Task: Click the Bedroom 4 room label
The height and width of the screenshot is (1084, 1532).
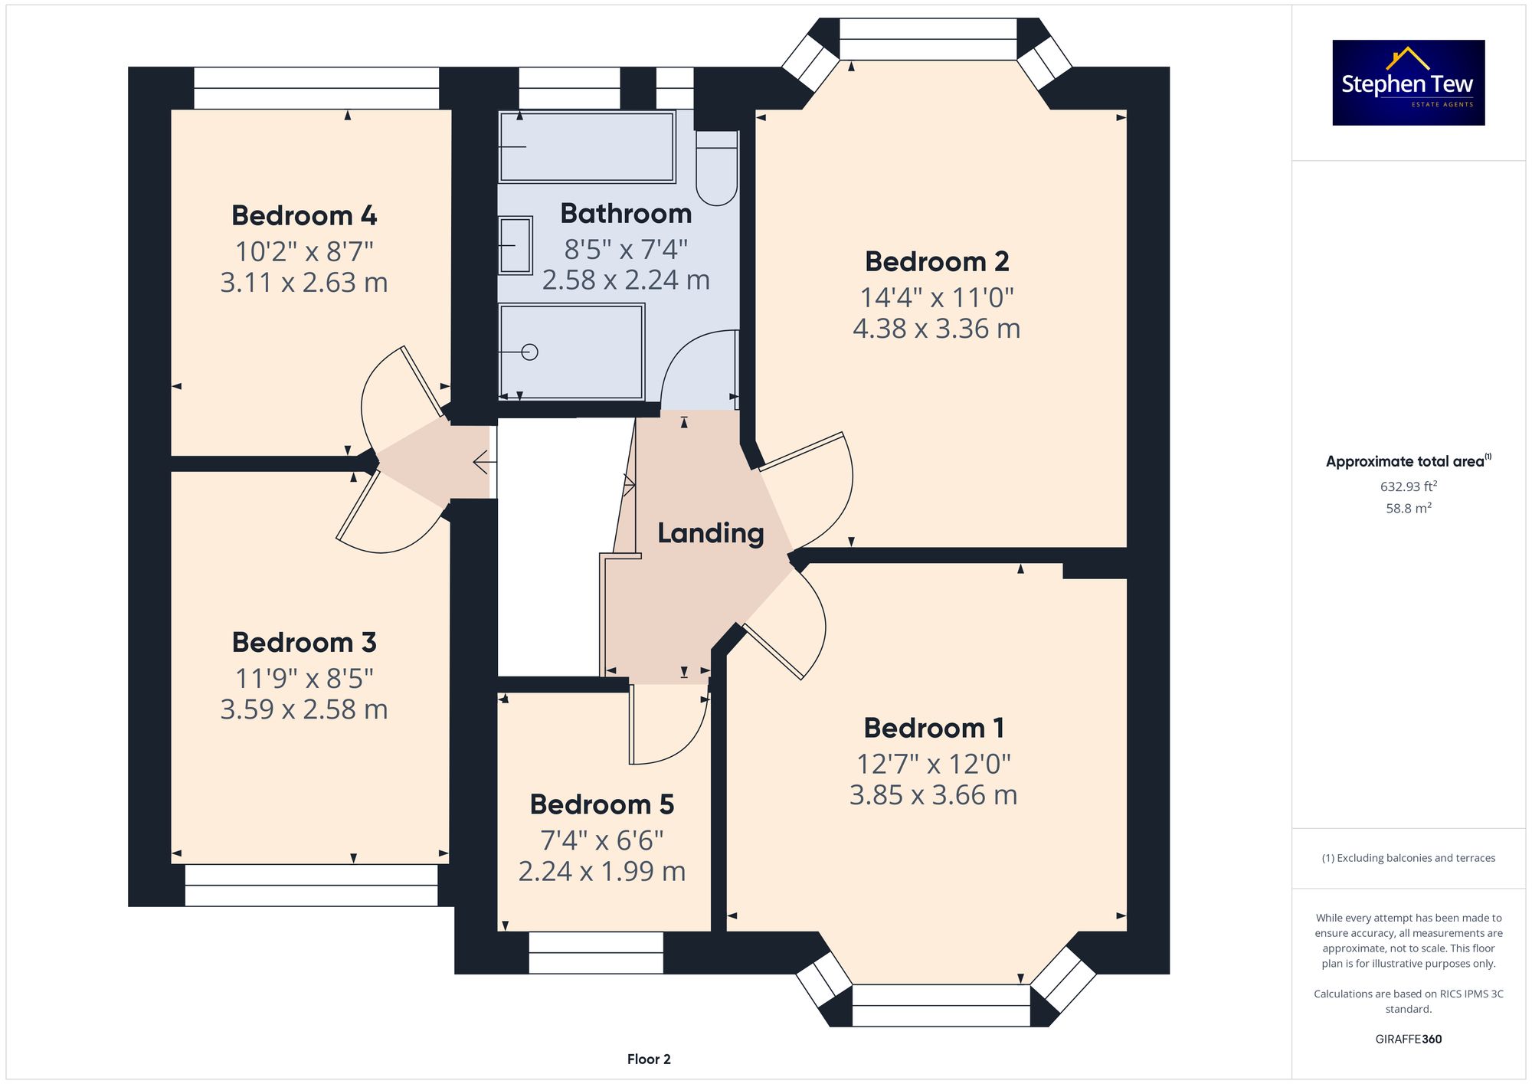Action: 304,215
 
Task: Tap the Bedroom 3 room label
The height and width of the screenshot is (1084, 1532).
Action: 304,642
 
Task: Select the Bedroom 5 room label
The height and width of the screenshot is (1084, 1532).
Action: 602,804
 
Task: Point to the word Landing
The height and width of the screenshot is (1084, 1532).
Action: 711,533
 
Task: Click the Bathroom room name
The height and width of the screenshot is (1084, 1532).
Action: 626,213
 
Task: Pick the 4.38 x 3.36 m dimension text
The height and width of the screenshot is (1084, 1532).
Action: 937,329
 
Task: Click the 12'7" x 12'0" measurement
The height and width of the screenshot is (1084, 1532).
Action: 934,764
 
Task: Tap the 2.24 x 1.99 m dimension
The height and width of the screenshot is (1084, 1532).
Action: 602,871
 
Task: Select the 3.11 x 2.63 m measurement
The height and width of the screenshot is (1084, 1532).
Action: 304,283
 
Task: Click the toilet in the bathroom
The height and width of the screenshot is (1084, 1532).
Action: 717,168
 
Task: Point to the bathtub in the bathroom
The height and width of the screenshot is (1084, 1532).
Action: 587,147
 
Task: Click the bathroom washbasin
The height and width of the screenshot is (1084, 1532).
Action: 516,245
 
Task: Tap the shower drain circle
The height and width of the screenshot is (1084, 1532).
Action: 529,352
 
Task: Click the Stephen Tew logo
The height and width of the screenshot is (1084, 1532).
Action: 1409,83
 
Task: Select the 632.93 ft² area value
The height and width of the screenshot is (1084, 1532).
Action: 1409,486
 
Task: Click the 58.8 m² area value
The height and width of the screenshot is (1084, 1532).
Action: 1409,508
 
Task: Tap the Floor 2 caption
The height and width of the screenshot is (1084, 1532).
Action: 649,1059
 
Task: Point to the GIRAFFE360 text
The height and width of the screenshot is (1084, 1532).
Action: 1409,1040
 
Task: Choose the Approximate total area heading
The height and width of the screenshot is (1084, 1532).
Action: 1409,461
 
